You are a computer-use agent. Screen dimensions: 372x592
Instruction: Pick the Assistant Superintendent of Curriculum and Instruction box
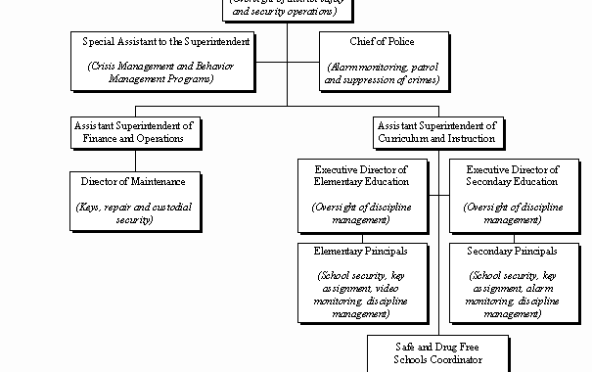(436, 132)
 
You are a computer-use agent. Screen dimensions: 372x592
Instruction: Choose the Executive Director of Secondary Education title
(512, 175)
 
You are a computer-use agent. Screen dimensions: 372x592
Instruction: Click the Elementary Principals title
(361, 252)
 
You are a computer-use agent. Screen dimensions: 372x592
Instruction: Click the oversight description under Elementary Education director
(361, 213)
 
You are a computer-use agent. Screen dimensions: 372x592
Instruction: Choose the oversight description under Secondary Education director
(512, 213)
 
